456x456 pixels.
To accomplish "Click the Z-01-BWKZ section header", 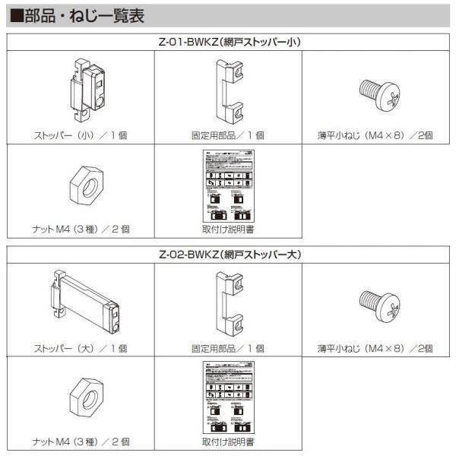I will (x=228, y=42).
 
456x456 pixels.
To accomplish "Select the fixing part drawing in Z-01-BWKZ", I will (x=227, y=90).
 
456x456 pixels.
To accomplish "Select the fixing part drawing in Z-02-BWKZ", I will (x=227, y=303).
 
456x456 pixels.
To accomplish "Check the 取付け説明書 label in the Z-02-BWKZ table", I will (x=228, y=441).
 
